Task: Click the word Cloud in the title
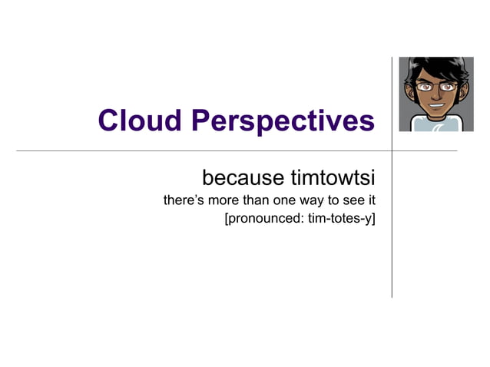click(140, 121)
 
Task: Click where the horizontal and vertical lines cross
click(392, 151)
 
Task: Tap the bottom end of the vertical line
click(392, 296)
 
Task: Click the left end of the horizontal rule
click(18, 151)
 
